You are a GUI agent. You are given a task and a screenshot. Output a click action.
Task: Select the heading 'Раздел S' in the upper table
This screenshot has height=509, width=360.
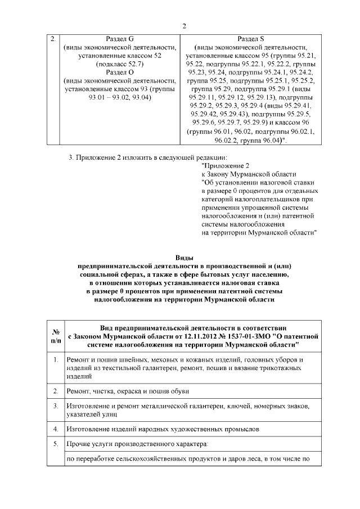point(251,39)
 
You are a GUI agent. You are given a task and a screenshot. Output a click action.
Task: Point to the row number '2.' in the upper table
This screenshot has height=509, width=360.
point(52,39)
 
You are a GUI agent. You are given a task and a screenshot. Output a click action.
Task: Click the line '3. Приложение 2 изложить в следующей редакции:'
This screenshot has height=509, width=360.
point(149,157)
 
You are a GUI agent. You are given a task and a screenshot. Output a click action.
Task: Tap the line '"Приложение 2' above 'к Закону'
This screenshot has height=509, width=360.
point(225,166)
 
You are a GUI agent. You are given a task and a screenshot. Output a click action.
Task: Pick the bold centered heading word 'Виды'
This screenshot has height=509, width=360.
point(184,257)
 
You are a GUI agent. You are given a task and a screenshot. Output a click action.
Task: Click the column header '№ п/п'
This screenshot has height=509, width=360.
point(56,336)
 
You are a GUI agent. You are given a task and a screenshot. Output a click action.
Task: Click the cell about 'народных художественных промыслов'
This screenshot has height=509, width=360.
point(163,429)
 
